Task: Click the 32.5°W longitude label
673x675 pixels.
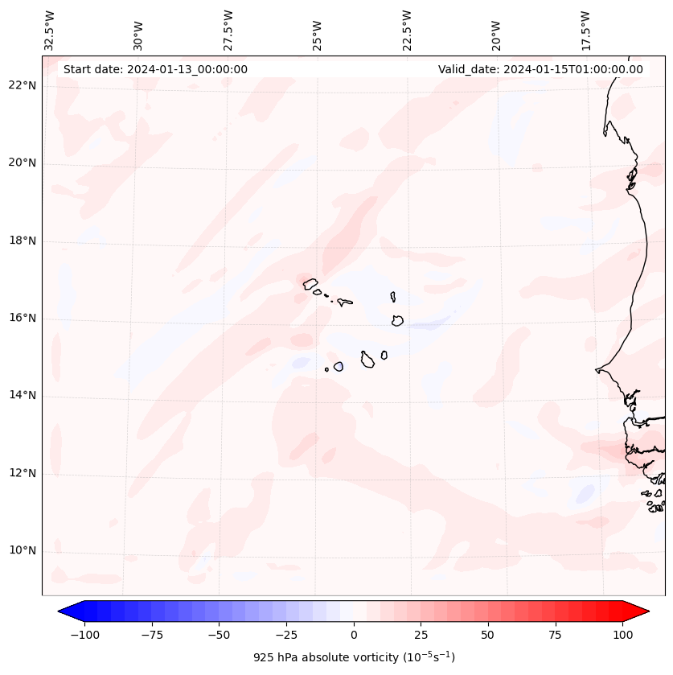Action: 50,31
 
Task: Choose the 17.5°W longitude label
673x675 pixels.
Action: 585,31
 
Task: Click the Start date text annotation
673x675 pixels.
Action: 155,69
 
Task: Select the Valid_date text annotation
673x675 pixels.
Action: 540,69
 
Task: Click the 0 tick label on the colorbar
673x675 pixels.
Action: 354,635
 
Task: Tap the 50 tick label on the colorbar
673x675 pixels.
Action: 488,635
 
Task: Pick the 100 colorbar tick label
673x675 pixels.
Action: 622,635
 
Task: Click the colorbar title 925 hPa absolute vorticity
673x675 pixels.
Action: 354,657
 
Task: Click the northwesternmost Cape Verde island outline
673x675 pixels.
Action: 310,283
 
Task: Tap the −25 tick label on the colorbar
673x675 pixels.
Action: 286,635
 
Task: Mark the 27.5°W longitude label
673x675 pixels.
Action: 228,31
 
